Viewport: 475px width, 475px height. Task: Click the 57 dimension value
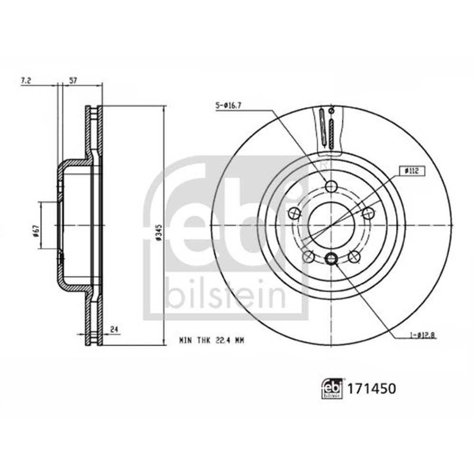[74, 81]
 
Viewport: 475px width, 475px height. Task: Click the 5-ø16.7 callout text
[228, 105]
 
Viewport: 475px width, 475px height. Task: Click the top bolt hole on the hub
[331, 186]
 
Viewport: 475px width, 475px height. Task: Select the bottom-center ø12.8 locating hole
[331, 258]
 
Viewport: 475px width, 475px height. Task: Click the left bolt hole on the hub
[294, 213]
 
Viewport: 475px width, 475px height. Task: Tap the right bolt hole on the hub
[368, 213]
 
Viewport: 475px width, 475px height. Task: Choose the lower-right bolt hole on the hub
[354, 256]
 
